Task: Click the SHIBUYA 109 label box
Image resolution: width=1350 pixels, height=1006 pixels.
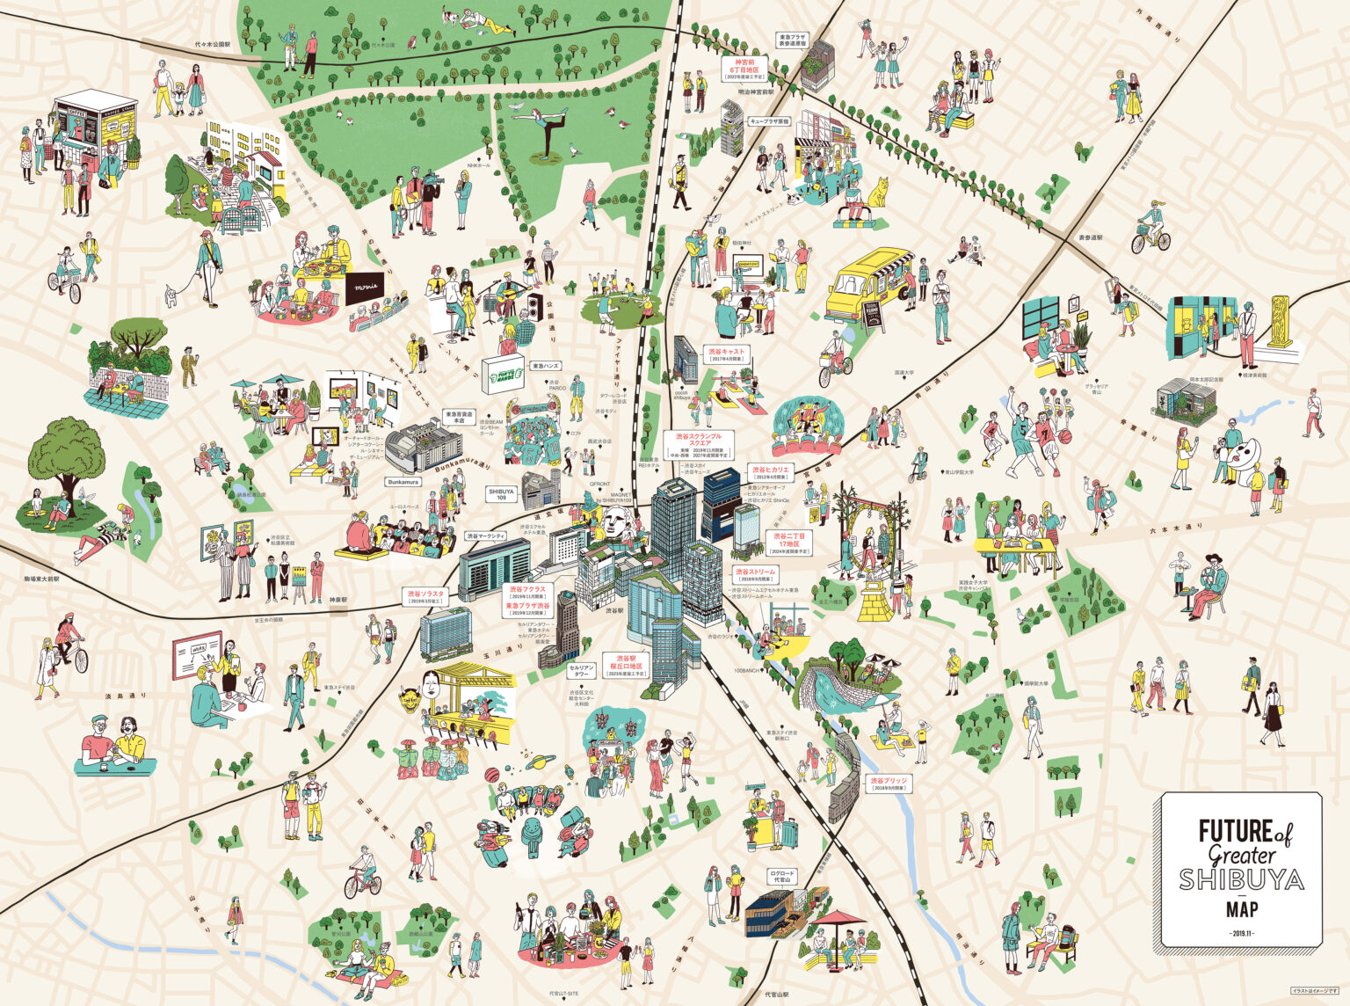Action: tap(502, 493)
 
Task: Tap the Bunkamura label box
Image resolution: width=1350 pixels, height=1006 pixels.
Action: tap(403, 482)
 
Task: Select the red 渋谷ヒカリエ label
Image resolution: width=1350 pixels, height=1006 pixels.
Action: tap(772, 470)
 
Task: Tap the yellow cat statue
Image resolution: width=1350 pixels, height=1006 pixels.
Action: tap(877, 193)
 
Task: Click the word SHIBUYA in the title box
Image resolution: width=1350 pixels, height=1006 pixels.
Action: tap(1241, 878)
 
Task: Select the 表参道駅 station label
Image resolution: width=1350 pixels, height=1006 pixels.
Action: tap(1090, 237)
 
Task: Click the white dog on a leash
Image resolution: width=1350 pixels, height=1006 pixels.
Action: tap(171, 295)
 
